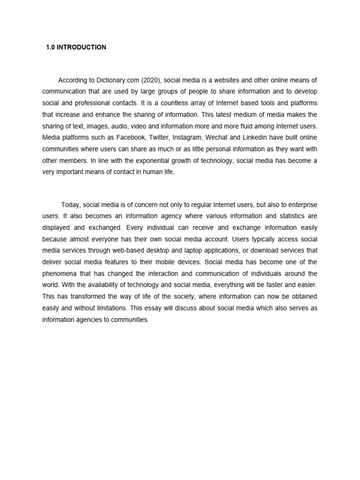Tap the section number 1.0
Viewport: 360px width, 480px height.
(x=51, y=47)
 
